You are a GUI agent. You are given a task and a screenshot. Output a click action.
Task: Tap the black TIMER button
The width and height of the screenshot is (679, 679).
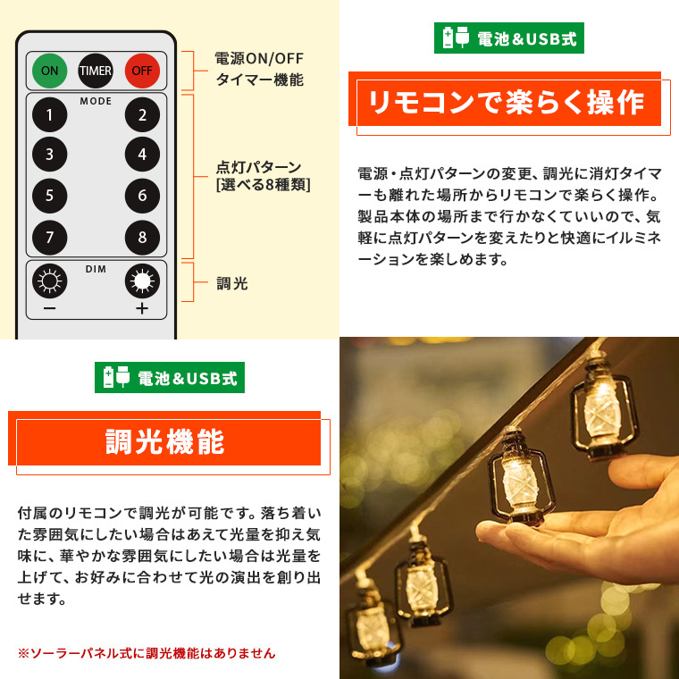(x=96, y=71)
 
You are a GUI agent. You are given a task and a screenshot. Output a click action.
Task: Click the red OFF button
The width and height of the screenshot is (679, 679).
(x=142, y=71)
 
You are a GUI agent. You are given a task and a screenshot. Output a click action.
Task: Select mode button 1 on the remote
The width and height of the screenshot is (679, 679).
(x=49, y=114)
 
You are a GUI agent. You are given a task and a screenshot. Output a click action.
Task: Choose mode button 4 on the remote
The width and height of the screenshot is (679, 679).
(x=142, y=155)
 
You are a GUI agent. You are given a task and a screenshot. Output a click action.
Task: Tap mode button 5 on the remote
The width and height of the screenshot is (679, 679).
(x=49, y=196)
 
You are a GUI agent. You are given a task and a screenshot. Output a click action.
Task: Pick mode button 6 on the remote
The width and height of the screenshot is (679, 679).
(x=142, y=196)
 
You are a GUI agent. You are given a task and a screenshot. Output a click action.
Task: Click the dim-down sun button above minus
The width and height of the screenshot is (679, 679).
(x=49, y=281)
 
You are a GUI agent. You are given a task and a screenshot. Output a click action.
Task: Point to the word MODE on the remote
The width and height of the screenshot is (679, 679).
(x=96, y=101)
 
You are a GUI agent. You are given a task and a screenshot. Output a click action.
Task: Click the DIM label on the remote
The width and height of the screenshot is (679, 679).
(x=96, y=269)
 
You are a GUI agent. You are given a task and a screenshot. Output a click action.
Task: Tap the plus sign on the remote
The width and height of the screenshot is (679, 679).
(x=142, y=308)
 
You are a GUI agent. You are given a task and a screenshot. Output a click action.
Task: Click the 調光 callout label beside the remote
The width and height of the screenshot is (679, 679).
(x=232, y=283)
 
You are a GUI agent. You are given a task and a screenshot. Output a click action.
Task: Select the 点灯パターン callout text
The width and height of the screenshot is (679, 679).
(x=258, y=167)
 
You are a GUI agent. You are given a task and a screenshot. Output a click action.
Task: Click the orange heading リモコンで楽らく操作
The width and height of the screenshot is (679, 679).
(x=506, y=103)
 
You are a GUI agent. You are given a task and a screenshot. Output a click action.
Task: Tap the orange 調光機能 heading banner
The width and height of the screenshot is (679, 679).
(x=164, y=441)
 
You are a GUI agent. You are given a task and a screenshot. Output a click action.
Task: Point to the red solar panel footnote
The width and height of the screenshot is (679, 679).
(x=147, y=652)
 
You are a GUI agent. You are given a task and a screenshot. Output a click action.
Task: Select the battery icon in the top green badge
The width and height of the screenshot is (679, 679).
(x=448, y=38)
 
